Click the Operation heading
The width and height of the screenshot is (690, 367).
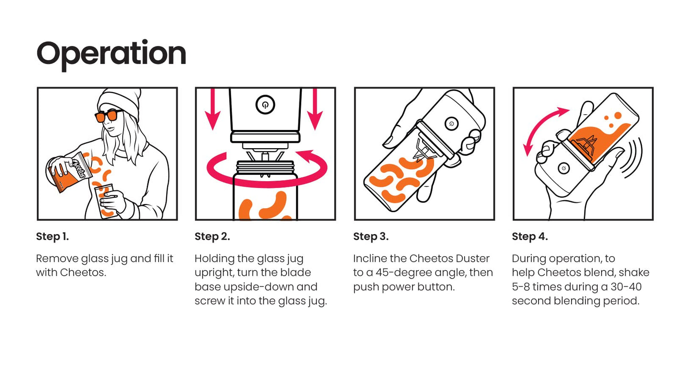pyautogui.click(x=111, y=55)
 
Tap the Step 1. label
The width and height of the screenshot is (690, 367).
pyautogui.click(x=53, y=237)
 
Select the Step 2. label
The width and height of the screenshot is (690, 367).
pyautogui.click(x=212, y=237)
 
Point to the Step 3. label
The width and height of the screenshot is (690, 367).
pyautogui.click(x=371, y=237)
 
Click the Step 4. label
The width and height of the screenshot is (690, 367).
pyautogui.click(x=530, y=237)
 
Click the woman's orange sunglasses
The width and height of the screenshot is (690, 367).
pyautogui.click(x=108, y=116)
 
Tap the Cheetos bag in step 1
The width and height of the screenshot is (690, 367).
pyautogui.click(x=70, y=172)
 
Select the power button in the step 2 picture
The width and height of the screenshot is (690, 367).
pyautogui.click(x=265, y=105)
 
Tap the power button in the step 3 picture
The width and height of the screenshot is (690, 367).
pyautogui.click(x=452, y=124)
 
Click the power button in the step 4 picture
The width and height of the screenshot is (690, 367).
pyautogui.click(x=564, y=168)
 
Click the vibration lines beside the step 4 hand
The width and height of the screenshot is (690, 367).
pyautogui.click(x=631, y=158)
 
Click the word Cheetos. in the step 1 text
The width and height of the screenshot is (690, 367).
pyautogui.click(x=83, y=272)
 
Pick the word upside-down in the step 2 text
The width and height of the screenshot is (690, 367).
pyautogui.click(x=258, y=287)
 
